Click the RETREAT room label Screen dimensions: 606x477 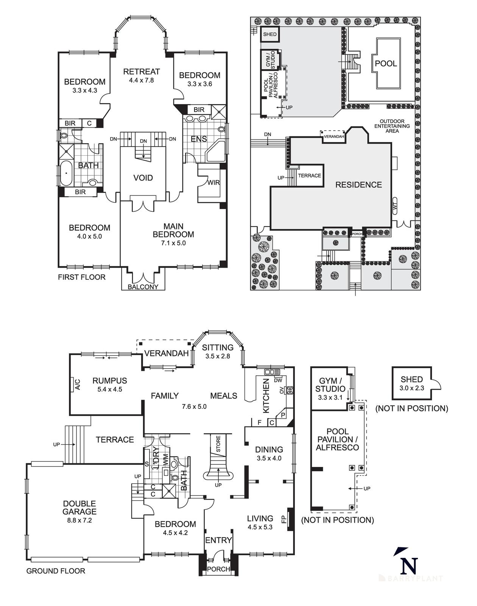pos(142,72)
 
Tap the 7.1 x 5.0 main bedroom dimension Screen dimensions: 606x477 pos(173,243)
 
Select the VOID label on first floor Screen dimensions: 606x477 pos(143,178)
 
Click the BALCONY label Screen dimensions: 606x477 pos(143,287)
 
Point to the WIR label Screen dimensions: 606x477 pos(213,183)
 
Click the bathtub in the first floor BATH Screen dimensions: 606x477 pos(66,173)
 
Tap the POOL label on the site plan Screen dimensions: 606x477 pos(386,64)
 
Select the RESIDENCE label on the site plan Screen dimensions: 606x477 pos(358,185)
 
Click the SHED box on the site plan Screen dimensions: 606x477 pos(270,34)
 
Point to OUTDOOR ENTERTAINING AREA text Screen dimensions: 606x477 pos(392,126)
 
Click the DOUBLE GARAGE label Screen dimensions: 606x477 pos(79,508)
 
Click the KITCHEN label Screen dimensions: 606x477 pos(266,396)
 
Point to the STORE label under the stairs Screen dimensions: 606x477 pos(218,444)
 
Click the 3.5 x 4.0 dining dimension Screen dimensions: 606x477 pos(269,458)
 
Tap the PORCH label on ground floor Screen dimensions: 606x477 pos(219,569)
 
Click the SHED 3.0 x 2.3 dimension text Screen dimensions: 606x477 pos(412,388)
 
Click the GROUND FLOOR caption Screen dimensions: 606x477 pos(56,571)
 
